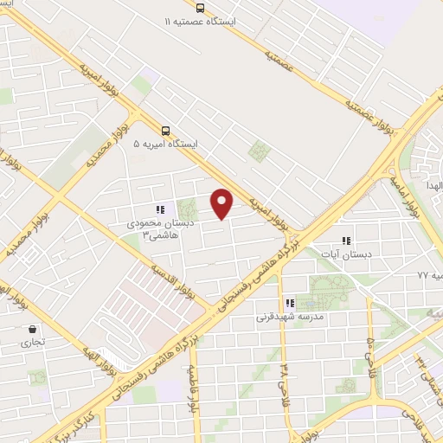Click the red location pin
pos(222,202)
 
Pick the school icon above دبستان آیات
pos(346,241)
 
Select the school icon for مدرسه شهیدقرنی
pos(290,303)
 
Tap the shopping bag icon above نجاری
pos(33,329)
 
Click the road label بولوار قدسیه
pos(185,285)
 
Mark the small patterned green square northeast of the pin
pos(259,151)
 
